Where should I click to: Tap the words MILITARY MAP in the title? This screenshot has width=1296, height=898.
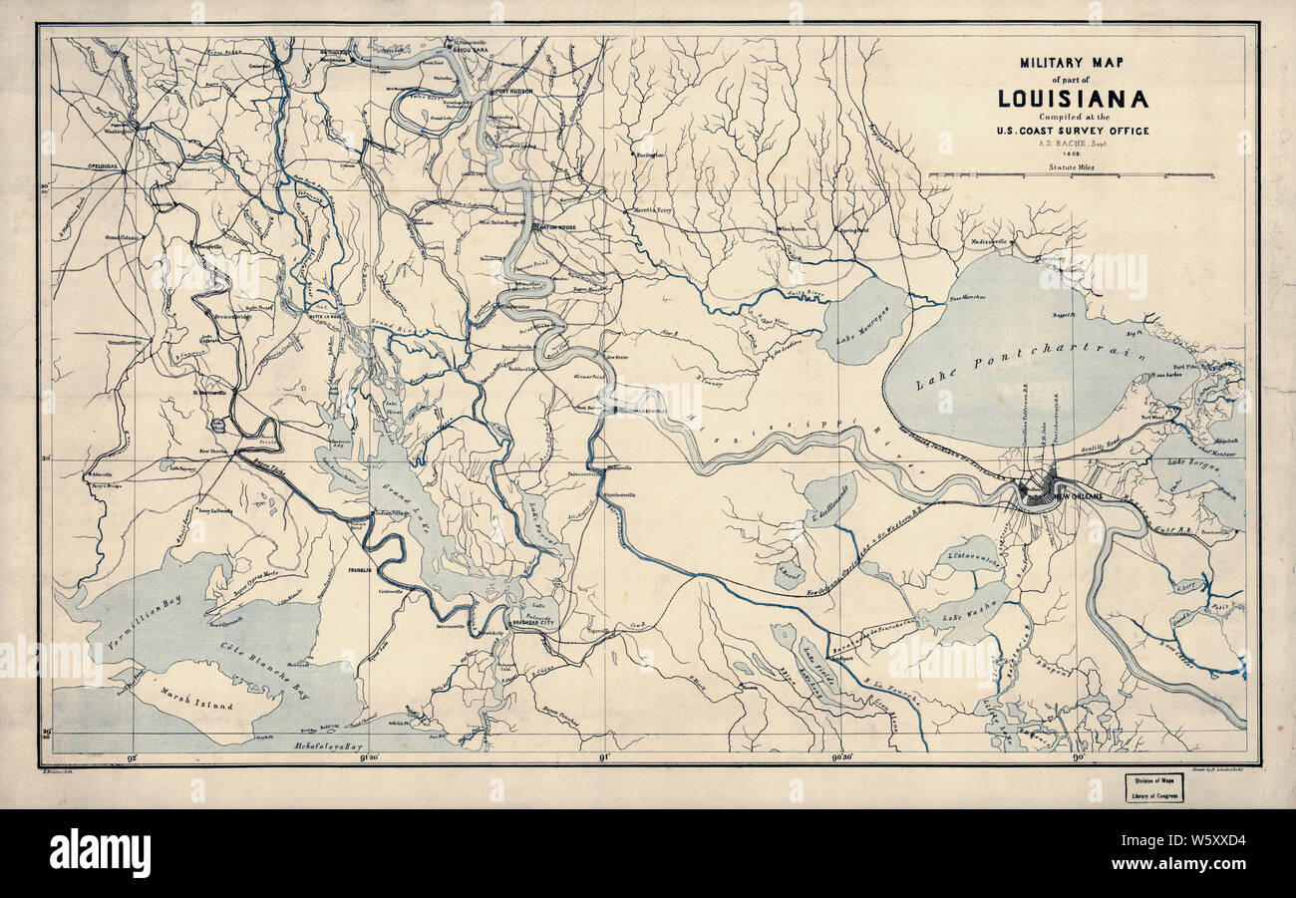1072,63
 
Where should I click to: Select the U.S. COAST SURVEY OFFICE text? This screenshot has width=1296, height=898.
1072,131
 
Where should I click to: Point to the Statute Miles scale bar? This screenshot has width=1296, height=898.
1072,175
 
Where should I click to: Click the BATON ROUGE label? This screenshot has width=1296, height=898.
552,227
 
